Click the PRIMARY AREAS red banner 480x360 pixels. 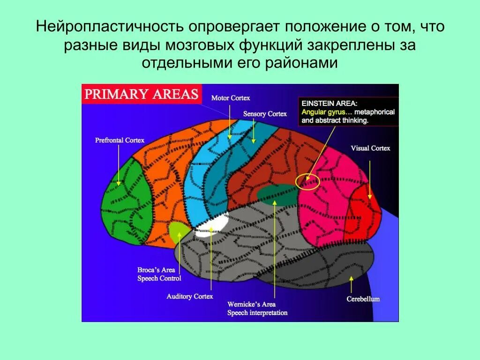click(x=141, y=94)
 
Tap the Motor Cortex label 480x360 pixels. click(x=231, y=98)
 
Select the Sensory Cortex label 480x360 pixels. click(x=265, y=114)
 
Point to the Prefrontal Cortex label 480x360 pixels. click(x=120, y=140)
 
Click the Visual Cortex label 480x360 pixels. click(x=370, y=148)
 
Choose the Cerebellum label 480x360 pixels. click(x=363, y=299)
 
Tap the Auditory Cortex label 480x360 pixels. click(x=190, y=296)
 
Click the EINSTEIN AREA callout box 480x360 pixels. click(x=348, y=111)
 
